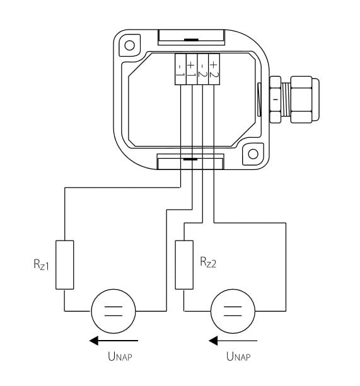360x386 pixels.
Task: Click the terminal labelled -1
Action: point(180,69)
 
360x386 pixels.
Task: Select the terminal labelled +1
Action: point(192,69)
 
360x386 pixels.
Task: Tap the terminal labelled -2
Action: point(203,69)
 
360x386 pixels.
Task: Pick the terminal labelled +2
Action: point(214,69)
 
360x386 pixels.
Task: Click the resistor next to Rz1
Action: point(64,264)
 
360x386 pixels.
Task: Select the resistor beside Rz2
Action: point(184,264)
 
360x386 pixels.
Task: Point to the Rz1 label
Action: point(41,264)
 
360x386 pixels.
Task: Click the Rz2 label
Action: point(208,262)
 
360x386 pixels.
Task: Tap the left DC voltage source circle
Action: point(113,311)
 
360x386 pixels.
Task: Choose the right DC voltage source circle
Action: point(233,311)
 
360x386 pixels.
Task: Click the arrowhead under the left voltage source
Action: point(94,341)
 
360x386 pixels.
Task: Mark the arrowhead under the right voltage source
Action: point(213,341)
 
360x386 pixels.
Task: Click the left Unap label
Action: point(120,356)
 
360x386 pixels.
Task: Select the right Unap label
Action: point(238,356)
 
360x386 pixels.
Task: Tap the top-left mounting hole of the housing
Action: point(130,45)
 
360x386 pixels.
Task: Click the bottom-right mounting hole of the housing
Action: point(253,154)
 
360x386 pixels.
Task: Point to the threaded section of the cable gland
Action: point(286,99)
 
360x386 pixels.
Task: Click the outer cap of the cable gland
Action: point(305,99)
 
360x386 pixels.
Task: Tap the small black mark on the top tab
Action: point(191,40)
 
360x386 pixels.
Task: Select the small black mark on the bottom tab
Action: point(190,159)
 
